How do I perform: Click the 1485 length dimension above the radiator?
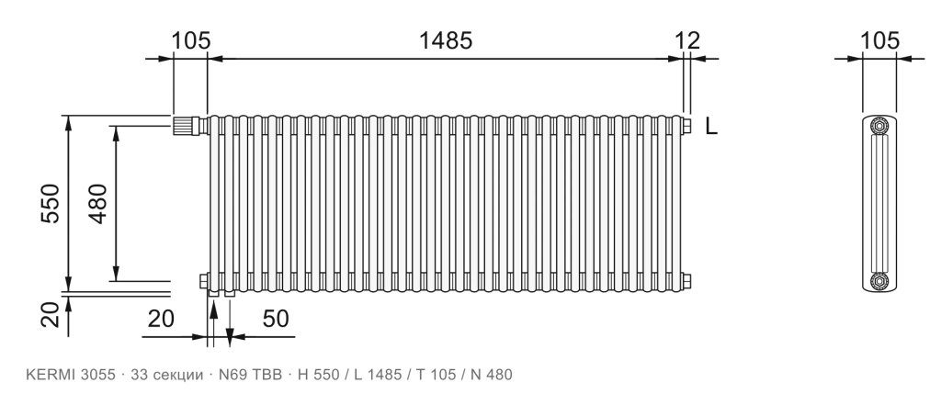pyautogui.click(x=446, y=40)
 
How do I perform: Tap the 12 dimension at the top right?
pyautogui.click(x=687, y=40)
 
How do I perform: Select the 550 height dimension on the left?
pyautogui.click(x=51, y=203)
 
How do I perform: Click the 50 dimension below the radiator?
pyautogui.click(x=276, y=319)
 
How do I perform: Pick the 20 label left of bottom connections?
pyautogui.click(x=161, y=319)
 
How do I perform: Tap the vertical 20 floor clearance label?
pyautogui.click(x=51, y=314)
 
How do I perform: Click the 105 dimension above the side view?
pyautogui.click(x=879, y=40)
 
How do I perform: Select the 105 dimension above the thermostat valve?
pyautogui.click(x=191, y=40)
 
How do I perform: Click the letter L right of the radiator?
pyautogui.click(x=711, y=127)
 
